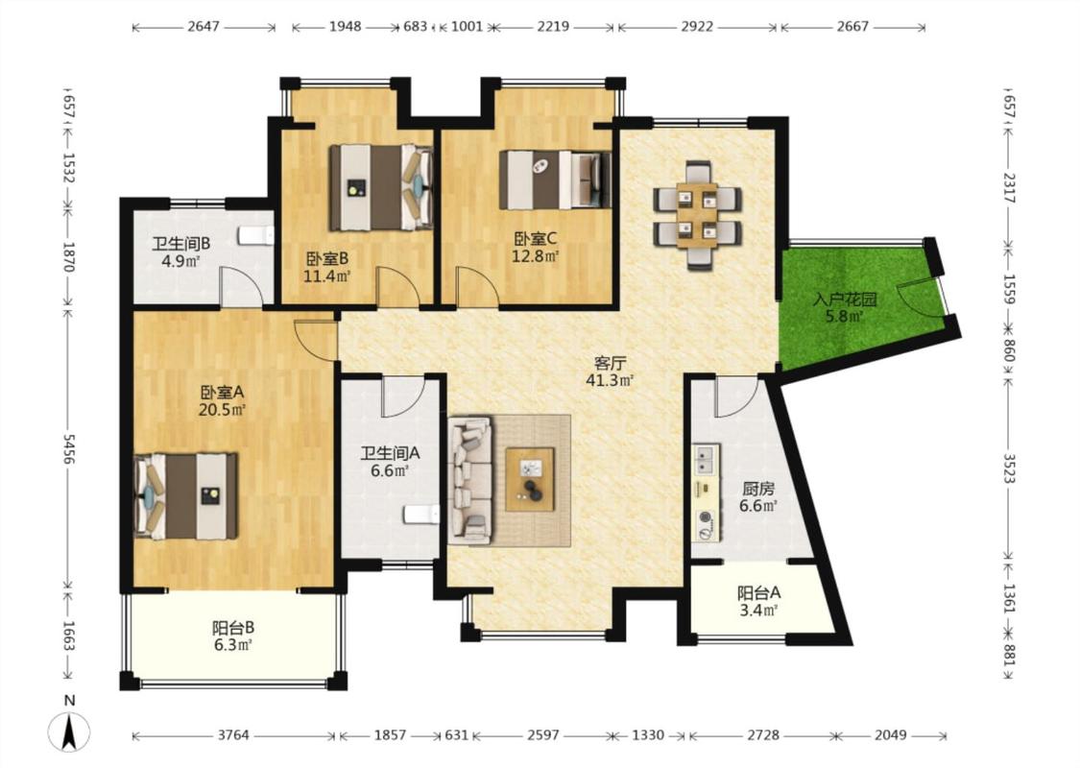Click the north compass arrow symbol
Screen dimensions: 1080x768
coord(69,732)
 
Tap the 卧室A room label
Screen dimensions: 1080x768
coord(223,393)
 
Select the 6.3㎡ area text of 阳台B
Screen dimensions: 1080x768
coord(233,645)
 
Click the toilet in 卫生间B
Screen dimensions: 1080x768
coord(256,235)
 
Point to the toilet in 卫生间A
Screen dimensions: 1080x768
coord(421,515)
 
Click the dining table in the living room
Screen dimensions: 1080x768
coord(698,215)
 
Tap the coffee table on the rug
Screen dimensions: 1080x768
coord(530,479)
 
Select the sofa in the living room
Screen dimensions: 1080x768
coord(470,479)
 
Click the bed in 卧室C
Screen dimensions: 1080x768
coord(555,180)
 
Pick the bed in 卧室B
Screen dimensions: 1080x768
coord(381,187)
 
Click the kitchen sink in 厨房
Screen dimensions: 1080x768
coord(705,460)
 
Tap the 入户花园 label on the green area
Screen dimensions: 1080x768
coord(845,300)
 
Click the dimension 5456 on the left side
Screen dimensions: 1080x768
coord(68,448)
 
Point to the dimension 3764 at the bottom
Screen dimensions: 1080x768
coord(233,735)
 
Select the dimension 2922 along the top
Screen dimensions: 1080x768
coord(697,27)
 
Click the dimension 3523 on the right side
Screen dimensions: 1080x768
coord(1009,468)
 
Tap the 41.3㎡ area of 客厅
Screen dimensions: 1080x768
coord(610,379)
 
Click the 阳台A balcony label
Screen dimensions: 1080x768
coord(759,592)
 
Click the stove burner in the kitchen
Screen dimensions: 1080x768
coord(706,517)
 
